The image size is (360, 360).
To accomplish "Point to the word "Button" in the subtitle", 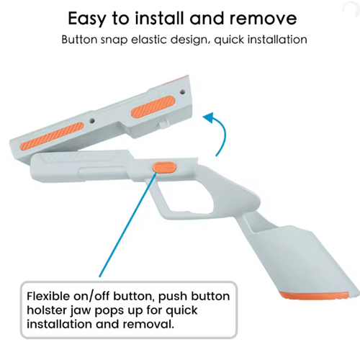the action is coord(79,40).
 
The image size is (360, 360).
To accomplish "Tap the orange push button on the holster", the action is coord(165,167).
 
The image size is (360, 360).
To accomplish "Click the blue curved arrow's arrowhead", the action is coord(209,117).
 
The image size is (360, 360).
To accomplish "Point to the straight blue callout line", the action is coord(128,225).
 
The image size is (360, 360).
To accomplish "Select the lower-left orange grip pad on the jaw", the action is coord(52,136).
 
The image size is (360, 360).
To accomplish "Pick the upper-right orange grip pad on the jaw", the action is coord(153,107).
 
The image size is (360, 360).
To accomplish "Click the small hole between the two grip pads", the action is coord(91,120).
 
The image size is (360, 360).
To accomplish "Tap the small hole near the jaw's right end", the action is coord(183,91).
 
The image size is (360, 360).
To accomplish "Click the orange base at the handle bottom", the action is coord(315,296).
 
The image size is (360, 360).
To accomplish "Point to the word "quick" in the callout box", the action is coord(182,311).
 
